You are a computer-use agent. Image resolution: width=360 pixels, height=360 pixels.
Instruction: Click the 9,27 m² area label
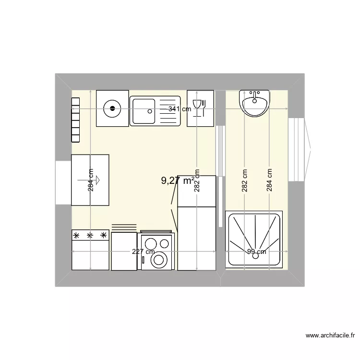point(178,181)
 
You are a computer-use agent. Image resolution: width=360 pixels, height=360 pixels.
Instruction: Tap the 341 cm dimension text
point(180,109)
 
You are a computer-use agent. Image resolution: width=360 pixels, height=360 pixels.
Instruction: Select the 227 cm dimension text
point(144,252)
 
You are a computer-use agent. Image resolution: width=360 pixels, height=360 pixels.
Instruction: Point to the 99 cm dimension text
point(256,252)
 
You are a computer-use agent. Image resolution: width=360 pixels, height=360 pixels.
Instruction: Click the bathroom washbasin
point(254,103)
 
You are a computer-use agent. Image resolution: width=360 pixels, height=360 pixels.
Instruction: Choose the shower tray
point(254,239)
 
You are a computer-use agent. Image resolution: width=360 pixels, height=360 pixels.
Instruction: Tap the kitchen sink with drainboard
point(155,111)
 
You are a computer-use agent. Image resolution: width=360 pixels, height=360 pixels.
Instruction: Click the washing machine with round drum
point(156,252)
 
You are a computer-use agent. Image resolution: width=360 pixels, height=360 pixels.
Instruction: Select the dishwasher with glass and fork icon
point(200,108)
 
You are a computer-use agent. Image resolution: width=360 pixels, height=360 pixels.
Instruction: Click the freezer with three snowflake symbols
point(90,250)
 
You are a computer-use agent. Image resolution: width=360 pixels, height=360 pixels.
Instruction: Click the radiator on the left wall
point(75,120)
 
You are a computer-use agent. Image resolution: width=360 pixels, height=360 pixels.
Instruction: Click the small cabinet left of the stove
point(124,251)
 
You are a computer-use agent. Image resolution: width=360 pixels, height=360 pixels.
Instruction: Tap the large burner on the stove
point(158,260)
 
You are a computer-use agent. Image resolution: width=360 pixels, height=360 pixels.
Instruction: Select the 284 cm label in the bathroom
point(269,180)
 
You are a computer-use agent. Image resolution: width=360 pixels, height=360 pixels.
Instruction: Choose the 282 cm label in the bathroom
point(245,180)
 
